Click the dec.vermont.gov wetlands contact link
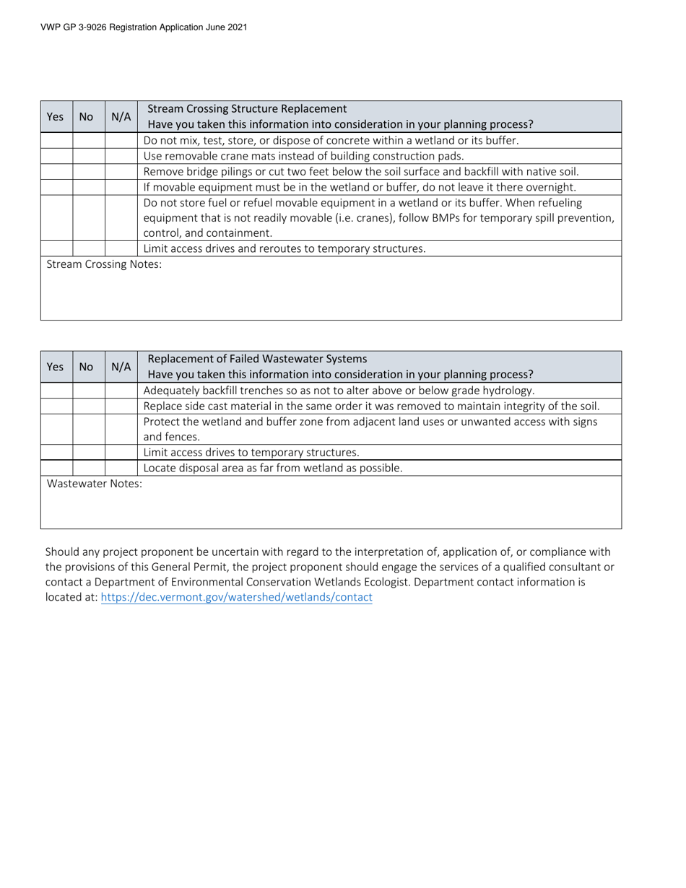(236, 597)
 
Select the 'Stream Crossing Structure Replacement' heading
(246, 108)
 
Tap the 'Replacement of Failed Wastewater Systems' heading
(256, 359)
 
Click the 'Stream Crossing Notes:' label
(104, 264)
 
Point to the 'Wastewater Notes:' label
(95, 484)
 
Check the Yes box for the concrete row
(56, 141)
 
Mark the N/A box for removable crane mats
(121, 156)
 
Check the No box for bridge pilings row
(88, 172)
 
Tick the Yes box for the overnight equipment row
(56, 188)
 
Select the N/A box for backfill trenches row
(121, 391)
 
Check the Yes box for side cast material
(56, 406)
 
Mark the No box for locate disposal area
(88, 468)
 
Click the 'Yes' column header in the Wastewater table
(55, 367)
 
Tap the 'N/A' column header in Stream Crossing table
(121, 116)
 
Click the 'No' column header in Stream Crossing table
(86, 116)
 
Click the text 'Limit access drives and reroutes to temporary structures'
(285, 249)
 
